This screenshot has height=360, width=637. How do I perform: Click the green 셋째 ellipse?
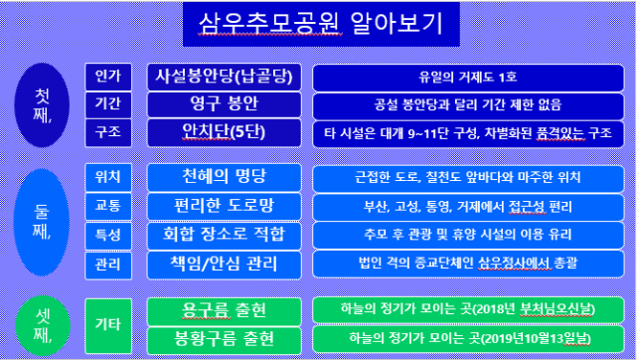pos(44,324)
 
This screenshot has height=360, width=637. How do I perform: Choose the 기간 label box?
pos(102,103)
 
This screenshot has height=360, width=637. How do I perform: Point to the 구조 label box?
pos(102,131)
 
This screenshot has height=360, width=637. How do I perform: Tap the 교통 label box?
pos(102,206)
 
